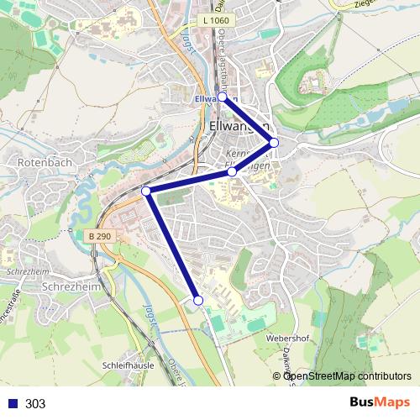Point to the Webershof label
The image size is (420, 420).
click(x=288, y=337)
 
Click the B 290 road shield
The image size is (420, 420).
click(x=98, y=238)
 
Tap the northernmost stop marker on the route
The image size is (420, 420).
click(x=223, y=97)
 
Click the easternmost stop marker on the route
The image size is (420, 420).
click(x=274, y=142)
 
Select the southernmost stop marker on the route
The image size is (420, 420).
click(x=198, y=300)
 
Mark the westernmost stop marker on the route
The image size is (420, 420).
click(x=146, y=192)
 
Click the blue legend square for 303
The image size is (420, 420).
click(x=11, y=404)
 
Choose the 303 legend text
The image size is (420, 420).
click(x=35, y=404)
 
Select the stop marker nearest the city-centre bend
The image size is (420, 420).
click(x=232, y=171)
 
